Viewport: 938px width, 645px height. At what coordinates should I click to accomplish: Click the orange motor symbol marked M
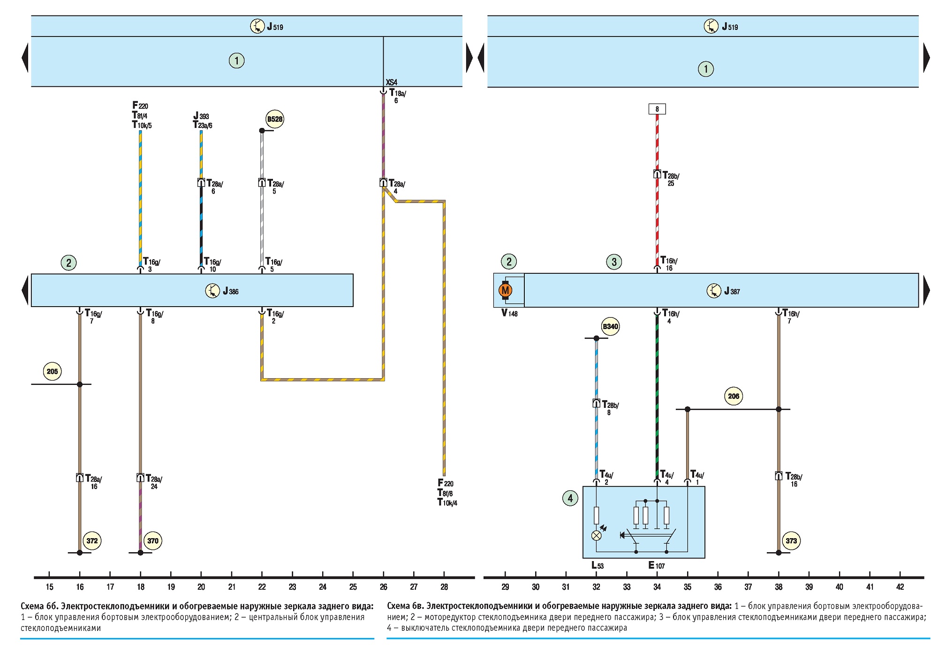pyautogui.click(x=505, y=291)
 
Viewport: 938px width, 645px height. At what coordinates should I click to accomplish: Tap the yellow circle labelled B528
pyautogui.click(x=275, y=119)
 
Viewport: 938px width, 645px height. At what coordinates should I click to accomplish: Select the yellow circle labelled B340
pyautogui.click(x=610, y=327)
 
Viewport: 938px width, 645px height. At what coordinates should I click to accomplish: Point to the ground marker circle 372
pyautogui.click(x=92, y=540)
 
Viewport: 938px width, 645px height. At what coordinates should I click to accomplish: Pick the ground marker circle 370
pyautogui.click(x=152, y=540)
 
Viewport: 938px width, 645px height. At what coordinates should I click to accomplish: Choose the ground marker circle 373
pyautogui.click(x=791, y=540)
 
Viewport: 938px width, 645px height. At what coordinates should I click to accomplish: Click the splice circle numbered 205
pyautogui.click(x=52, y=371)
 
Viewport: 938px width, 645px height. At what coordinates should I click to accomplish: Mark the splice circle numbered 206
pyautogui.click(x=734, y=396)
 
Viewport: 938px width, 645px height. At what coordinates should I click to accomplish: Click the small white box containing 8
pyautogui.click(x=657, y=109)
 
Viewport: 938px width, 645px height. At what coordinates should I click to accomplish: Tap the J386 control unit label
pyautogui.click(x=230, y=291)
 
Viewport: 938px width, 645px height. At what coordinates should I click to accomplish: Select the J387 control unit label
pyautogui.click(x=732, y=291)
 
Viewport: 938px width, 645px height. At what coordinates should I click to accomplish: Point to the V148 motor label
pyautogui.click(x=509, y=313)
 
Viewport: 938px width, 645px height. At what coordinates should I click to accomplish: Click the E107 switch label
pyautogui.click(x=657, y=565)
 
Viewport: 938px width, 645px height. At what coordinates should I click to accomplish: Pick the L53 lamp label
pyautogui.click(x=598, y=565)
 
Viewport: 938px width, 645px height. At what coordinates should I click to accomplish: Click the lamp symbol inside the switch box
pyautogui.click(x=597, y=535)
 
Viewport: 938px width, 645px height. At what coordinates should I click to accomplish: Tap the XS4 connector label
pyautogui.click(x=391, y=82)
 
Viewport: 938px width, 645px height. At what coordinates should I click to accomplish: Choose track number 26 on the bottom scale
pyautogui.click(x=384, y=587)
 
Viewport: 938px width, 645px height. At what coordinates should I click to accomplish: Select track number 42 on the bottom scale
pyautogui.click(x=900, y=587)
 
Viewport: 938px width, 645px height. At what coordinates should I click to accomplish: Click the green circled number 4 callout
pyautogui.click(x=570, y=498)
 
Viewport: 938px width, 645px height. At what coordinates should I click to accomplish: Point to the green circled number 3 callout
pyautogui.click(x=614, y=262)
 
